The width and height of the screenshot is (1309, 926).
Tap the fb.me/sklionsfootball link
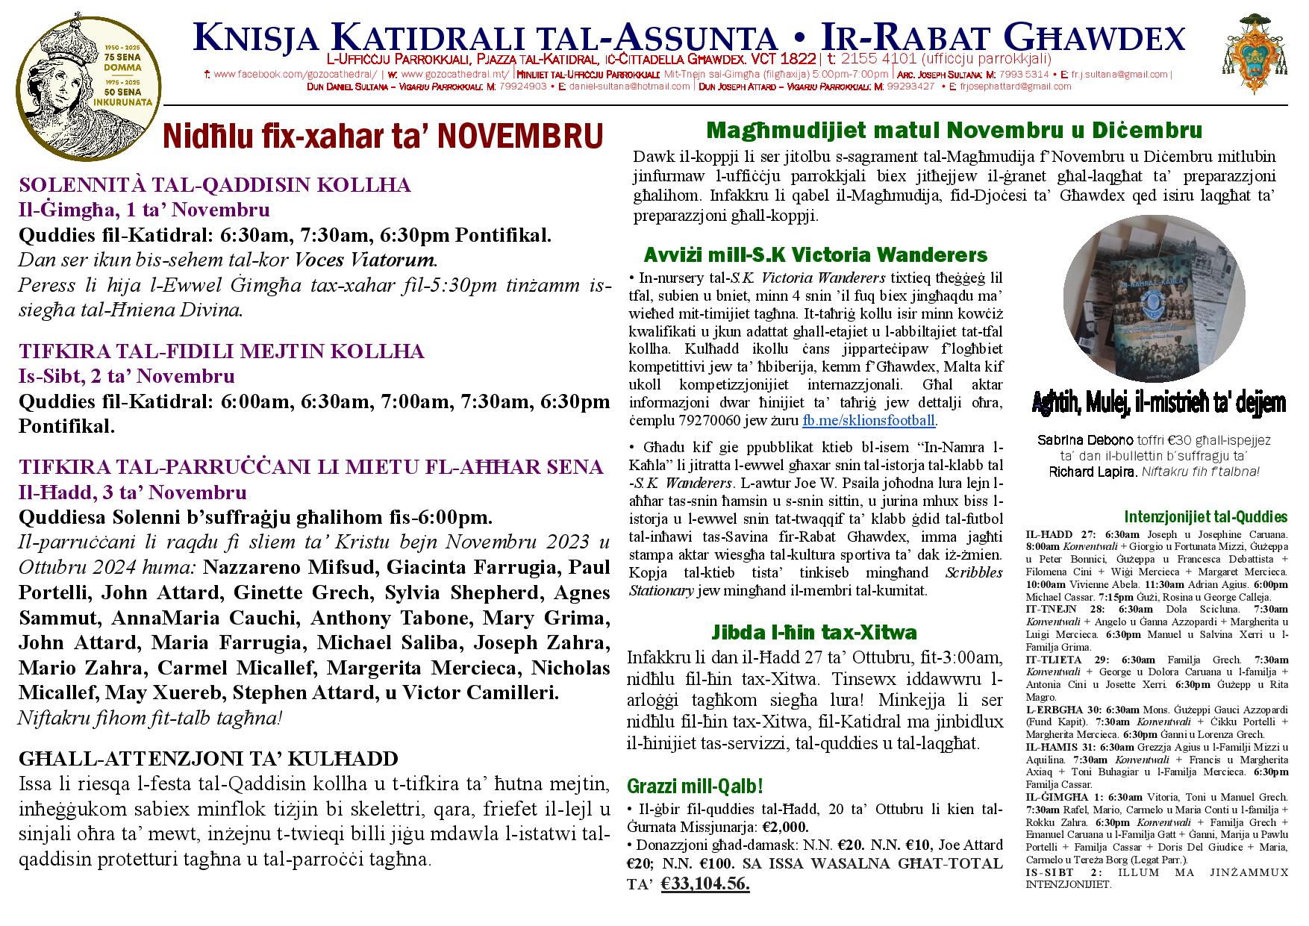pos(869,421)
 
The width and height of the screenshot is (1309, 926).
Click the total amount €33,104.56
pos(705,884)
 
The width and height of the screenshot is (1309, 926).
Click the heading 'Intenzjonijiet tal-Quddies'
pos(1205,517)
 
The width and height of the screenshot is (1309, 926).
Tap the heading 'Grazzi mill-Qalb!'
pos(695,786)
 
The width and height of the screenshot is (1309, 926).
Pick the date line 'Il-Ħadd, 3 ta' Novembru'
pos(132,492)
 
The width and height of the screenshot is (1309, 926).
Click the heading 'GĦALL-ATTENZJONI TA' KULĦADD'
pos(209,760)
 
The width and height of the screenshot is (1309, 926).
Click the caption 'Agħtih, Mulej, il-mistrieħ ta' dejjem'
pos(1159,404)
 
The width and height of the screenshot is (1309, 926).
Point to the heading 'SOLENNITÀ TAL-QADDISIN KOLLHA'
pos(215,185)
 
